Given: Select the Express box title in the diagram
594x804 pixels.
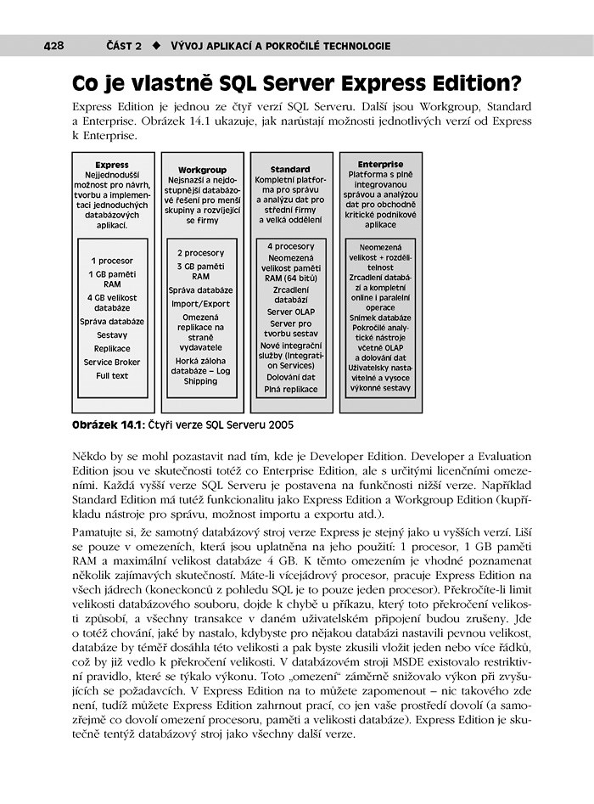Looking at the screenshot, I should coord(112,165).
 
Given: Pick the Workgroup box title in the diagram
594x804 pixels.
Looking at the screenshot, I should coord(201,170).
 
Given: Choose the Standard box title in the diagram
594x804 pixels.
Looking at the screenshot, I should coord(290,170).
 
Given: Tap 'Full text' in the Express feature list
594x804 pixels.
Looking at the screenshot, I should coord(112,375).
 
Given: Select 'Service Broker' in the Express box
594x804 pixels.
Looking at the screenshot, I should coord(112,362).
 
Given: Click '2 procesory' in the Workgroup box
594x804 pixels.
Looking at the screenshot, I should coord(201,253).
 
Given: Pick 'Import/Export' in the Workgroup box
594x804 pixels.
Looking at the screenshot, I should coord(201,303).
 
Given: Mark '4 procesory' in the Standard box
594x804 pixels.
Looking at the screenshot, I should coord(290,246).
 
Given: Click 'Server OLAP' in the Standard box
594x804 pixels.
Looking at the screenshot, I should coord(290,312).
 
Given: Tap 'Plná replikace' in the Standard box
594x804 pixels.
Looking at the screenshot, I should coord(290,389).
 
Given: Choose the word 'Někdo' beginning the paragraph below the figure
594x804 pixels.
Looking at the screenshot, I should coord(91,456).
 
